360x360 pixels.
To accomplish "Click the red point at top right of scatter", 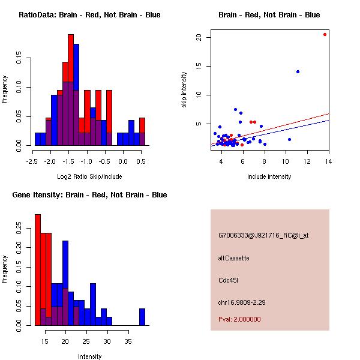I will point(325,34).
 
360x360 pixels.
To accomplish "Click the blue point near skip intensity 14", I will point(298,71).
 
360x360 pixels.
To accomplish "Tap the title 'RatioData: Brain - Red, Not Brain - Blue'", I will point(89,15).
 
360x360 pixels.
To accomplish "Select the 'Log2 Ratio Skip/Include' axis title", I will point(89,176).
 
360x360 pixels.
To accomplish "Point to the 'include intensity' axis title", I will point(269,176).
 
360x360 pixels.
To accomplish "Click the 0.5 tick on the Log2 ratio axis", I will point(142,161).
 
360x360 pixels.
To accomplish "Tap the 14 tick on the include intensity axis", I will point(328,161).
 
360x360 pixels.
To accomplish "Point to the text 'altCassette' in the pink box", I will point(233,258).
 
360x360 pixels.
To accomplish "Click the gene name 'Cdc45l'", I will point(229,280).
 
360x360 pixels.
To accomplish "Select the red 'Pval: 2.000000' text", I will point(239,319).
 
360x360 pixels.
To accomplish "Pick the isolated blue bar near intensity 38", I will point(142,317).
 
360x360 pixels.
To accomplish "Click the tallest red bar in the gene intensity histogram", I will point(38,270).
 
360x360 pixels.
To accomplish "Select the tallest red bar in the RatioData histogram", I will point(76,90).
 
